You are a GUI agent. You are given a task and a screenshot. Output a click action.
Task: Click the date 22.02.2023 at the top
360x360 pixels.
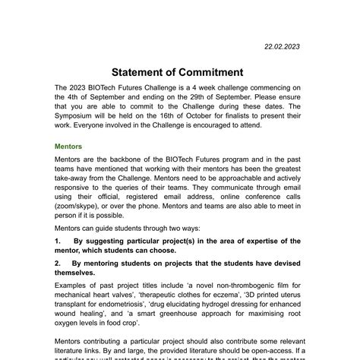[283, 46]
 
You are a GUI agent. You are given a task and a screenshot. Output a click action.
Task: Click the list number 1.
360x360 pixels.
[58, 241]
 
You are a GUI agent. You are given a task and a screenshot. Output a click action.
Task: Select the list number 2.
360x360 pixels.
[58, 263]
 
